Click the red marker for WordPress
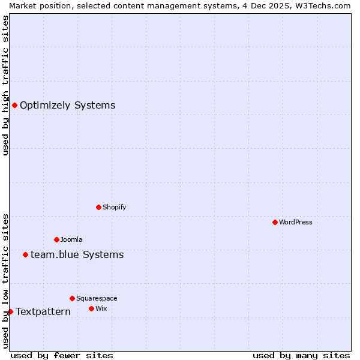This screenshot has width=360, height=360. [x=275, y=222]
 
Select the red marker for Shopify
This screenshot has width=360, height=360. [x=98, y=207]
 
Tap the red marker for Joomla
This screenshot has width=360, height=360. [x=56, y=239]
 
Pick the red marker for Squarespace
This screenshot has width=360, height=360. [x=72, y=298]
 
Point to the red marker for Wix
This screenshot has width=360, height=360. [x=91, y=308]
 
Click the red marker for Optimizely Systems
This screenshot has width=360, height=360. [x=14, y=106]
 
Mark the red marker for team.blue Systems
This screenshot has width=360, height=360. [x=25, y=255]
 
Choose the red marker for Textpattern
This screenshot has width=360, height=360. [x=10, y=311]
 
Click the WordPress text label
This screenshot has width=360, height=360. [x=296, y=222]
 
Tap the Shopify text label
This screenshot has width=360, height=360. [x=115, y=207]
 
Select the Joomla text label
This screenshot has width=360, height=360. [x=71, y=239]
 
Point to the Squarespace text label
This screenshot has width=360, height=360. [x=97, y=298]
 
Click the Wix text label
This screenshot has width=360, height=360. [x=101, y=308]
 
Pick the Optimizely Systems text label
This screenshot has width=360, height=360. [x=68, y=106]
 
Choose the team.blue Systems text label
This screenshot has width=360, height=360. [x=77, y=255]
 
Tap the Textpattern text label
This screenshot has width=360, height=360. [x=43, y=312]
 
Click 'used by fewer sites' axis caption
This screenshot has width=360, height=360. [x=62, y=355]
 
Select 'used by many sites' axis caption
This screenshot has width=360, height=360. [x=301, y=355]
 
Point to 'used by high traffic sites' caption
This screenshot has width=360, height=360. [x=5, y=85]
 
